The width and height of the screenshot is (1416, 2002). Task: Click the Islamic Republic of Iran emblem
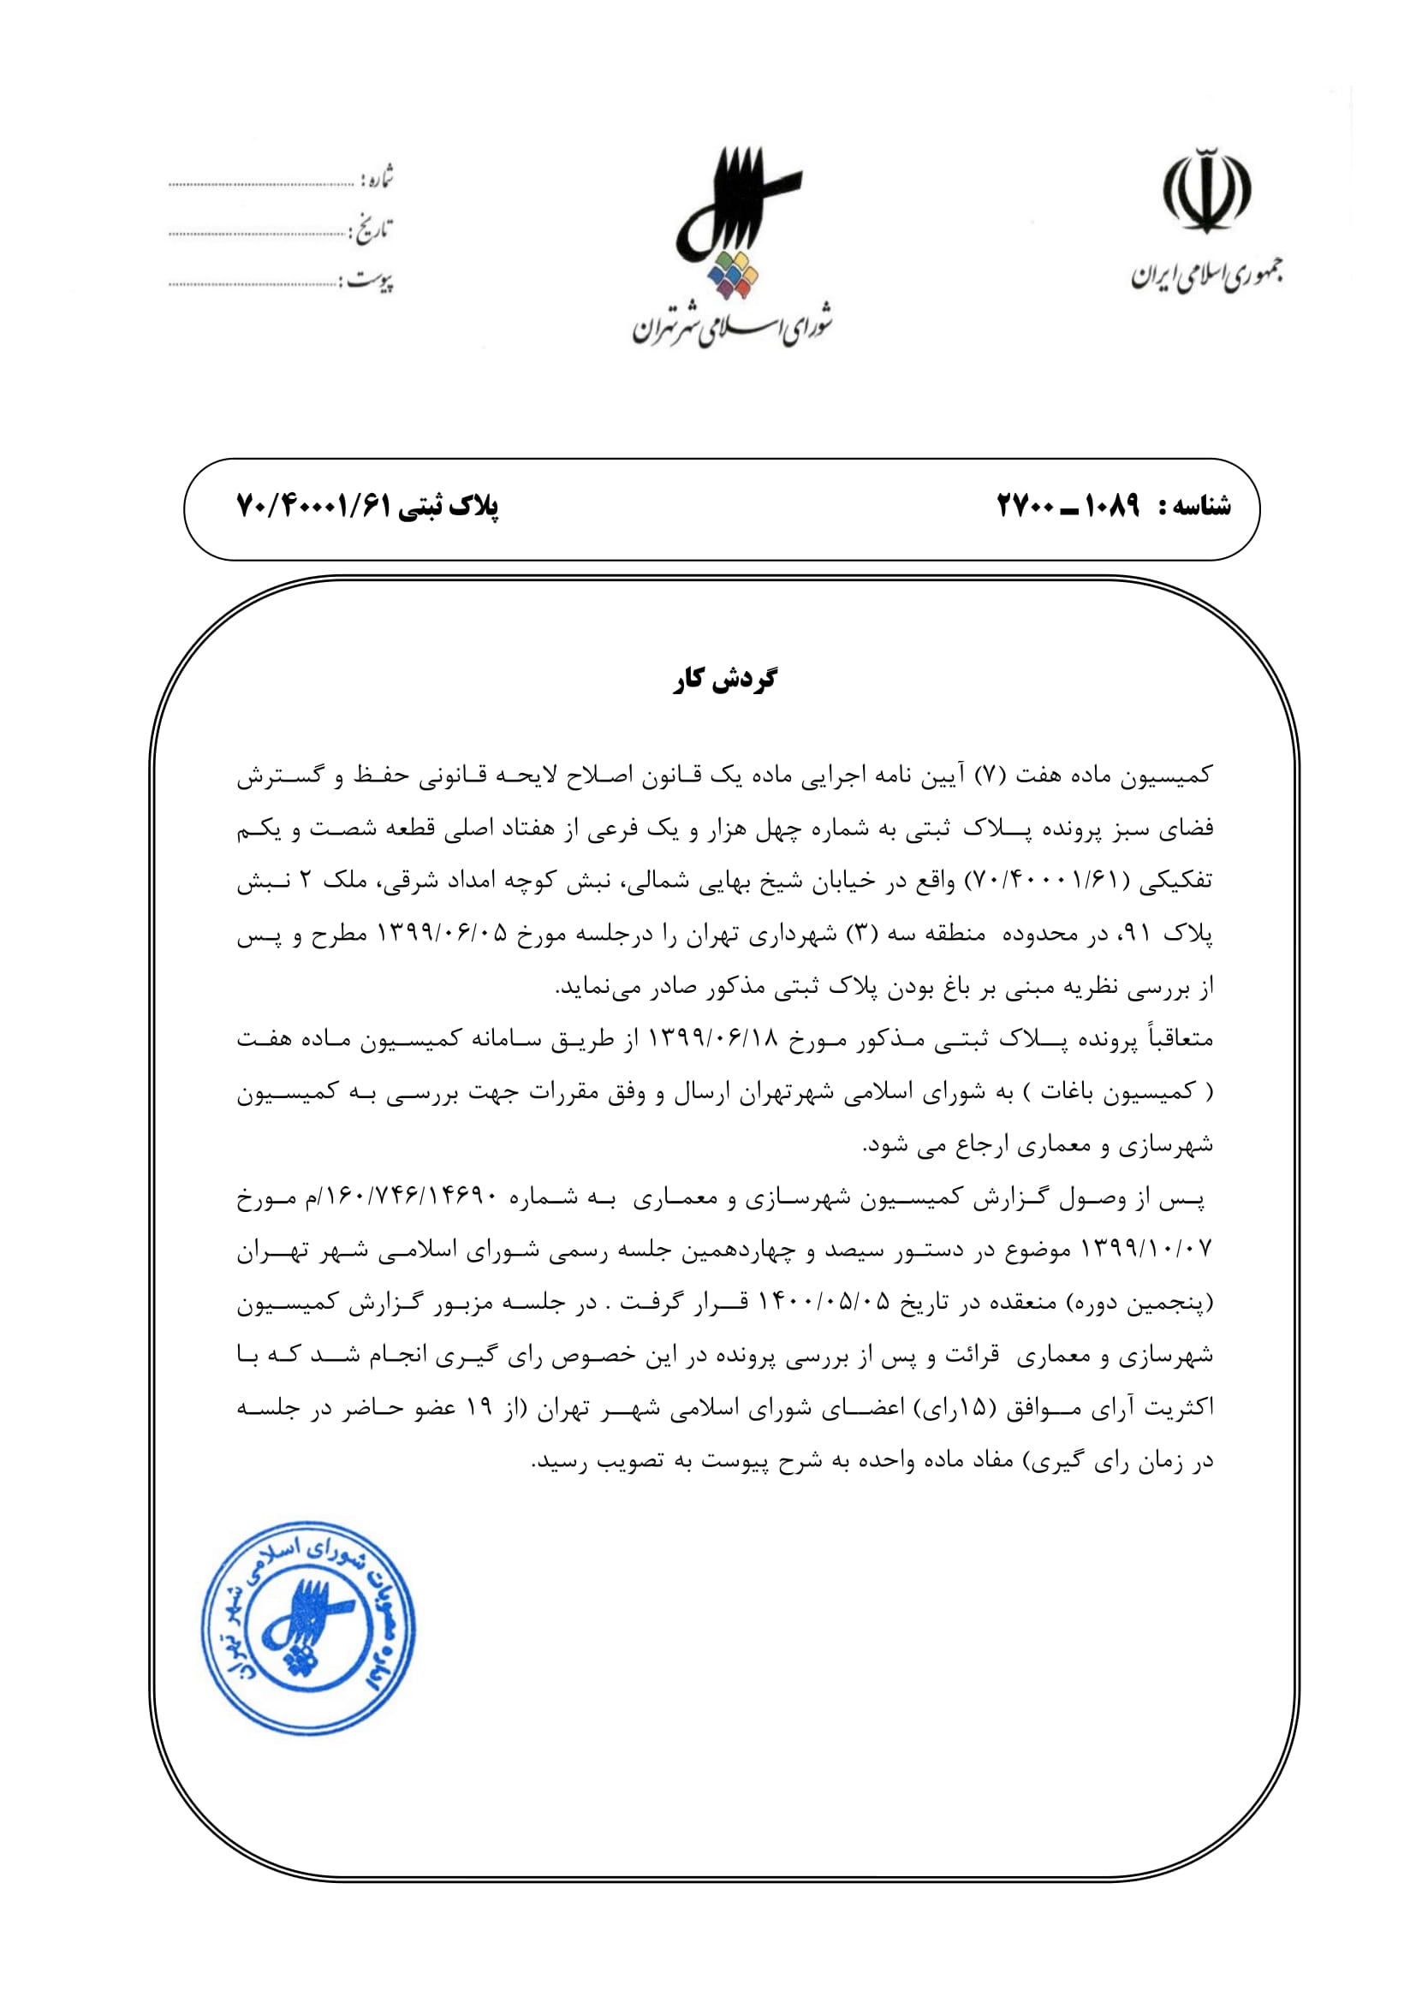1206,191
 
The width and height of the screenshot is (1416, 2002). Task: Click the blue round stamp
309,1629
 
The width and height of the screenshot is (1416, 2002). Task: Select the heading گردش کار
724,680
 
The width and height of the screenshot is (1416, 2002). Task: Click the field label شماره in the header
378,179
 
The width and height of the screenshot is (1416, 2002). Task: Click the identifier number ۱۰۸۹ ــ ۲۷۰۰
1068,506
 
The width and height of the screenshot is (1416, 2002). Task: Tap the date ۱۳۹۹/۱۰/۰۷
1145,1250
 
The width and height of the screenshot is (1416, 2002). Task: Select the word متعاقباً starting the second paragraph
1176,1039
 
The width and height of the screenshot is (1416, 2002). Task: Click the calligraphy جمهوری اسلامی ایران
1208,276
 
